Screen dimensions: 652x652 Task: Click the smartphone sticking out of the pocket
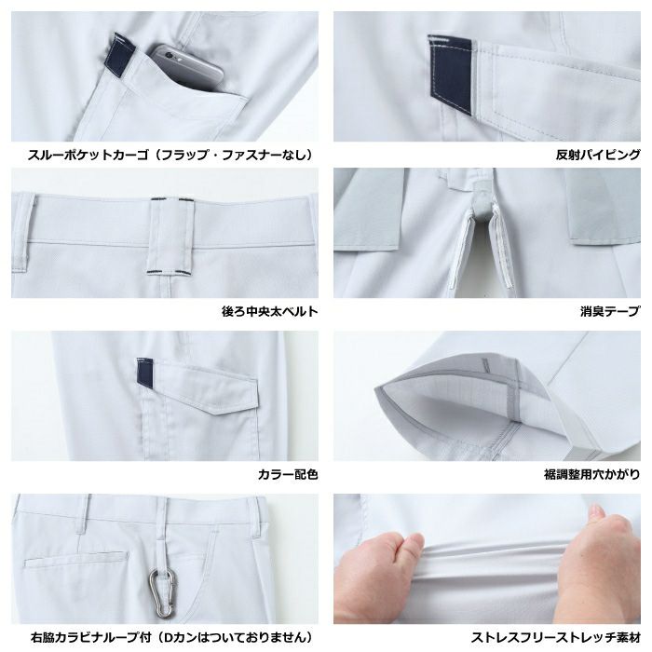pos(186,67)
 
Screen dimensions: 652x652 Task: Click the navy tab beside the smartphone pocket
pos(123,54)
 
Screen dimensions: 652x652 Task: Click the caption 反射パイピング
pos(598,155)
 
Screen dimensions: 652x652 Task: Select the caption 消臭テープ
pos(610,311)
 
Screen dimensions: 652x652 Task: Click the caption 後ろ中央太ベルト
pos(269,311)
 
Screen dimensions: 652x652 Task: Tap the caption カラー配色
pos(288,474)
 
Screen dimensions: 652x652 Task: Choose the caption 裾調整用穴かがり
pos(591,474)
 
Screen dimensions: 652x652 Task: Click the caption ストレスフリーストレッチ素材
pos(555,637)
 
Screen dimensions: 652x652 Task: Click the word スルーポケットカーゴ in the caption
pos(88,155)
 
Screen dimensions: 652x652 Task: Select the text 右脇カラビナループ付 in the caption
pos(90,637)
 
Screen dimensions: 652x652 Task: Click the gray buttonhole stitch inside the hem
pos(484,365)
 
